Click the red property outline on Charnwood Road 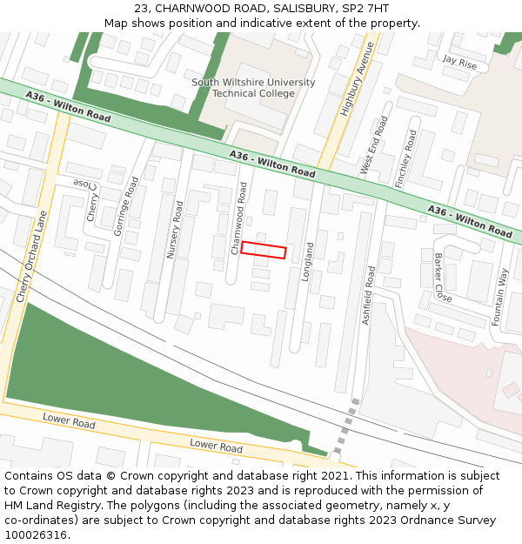264,250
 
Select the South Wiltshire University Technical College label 253,88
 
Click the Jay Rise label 459,62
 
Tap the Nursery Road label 175,230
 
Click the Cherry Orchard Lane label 30,258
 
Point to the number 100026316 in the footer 37,534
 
